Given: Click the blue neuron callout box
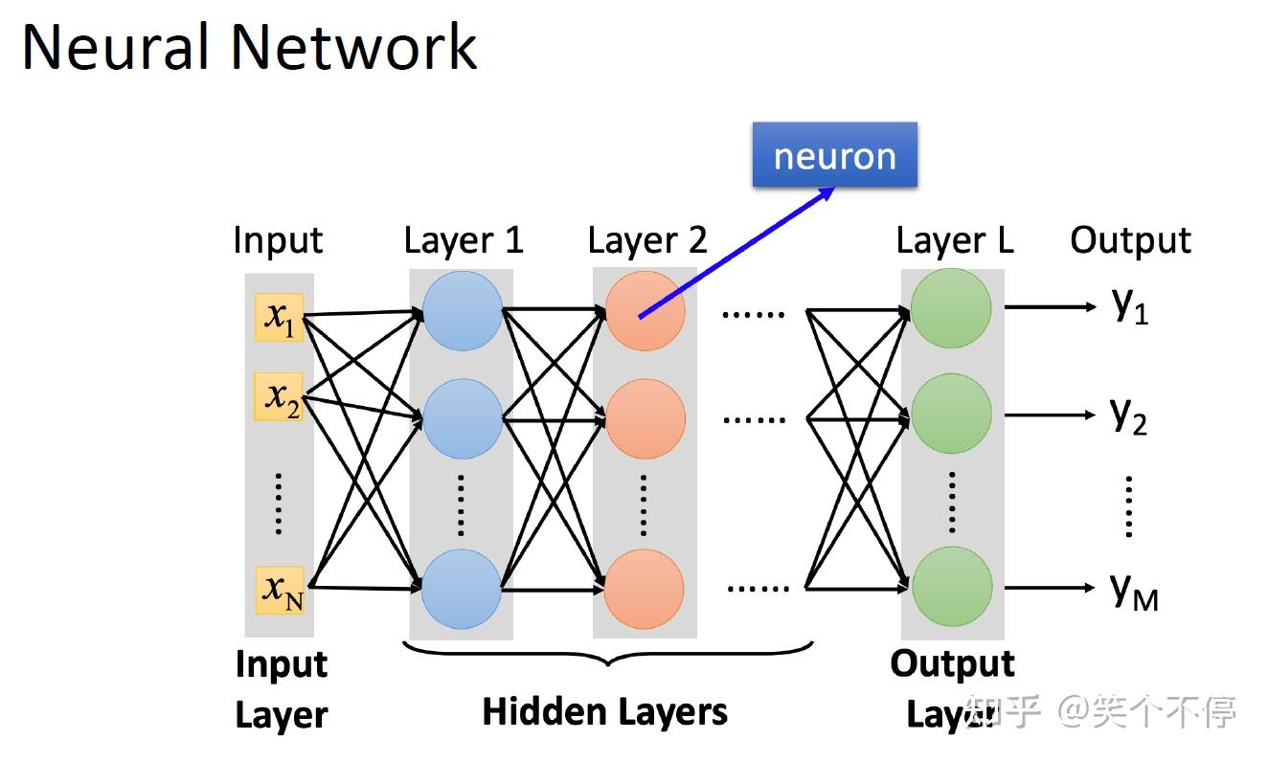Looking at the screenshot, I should pos(834,155).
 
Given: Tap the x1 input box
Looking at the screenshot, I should pos(280,318).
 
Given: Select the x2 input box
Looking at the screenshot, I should pos(280,396).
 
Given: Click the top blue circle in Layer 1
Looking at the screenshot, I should pos(462,310).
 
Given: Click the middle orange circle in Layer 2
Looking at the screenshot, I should pos(645,418).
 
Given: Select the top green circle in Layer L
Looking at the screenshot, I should pos(951,309).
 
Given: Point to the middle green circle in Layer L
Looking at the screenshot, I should pos(951,415).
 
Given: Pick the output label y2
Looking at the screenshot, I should pos(1129,415).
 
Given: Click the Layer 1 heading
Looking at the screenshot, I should pos(464,239).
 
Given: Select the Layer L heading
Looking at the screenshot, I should pos(954,239).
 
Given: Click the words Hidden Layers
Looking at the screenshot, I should pos(604,711).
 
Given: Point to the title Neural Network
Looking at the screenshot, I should pos(249,46).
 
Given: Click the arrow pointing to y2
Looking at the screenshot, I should pos(1049,415).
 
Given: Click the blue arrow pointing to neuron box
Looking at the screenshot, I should pos(734,253).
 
